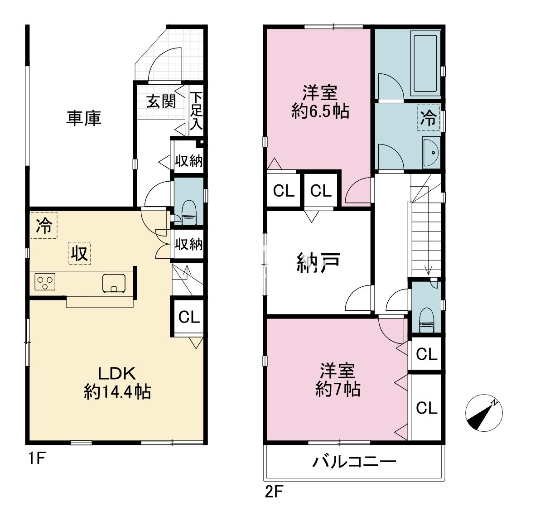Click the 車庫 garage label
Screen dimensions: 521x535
[x=84, y=118]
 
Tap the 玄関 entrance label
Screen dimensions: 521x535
[x=161, y=101]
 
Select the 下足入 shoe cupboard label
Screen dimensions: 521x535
[x=196, y=111]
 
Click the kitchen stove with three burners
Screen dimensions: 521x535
[x=44, y=283]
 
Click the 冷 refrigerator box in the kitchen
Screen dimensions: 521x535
[x=44, y=225]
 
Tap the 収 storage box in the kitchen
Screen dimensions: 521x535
[x=79, y=253]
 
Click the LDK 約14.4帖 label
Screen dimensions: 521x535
[x=117, y=383]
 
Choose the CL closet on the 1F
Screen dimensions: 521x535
[x=188, y=317]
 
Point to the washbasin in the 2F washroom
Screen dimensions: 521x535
[x=431, y=152]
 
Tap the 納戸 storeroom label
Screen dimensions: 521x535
[x=318, y=262]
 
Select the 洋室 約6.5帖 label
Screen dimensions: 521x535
[x=320, y=102]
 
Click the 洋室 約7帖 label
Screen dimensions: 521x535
[x=337, y=380]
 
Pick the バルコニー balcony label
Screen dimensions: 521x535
[x=354, y=462]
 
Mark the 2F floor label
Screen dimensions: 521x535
[x=274, y=492]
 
